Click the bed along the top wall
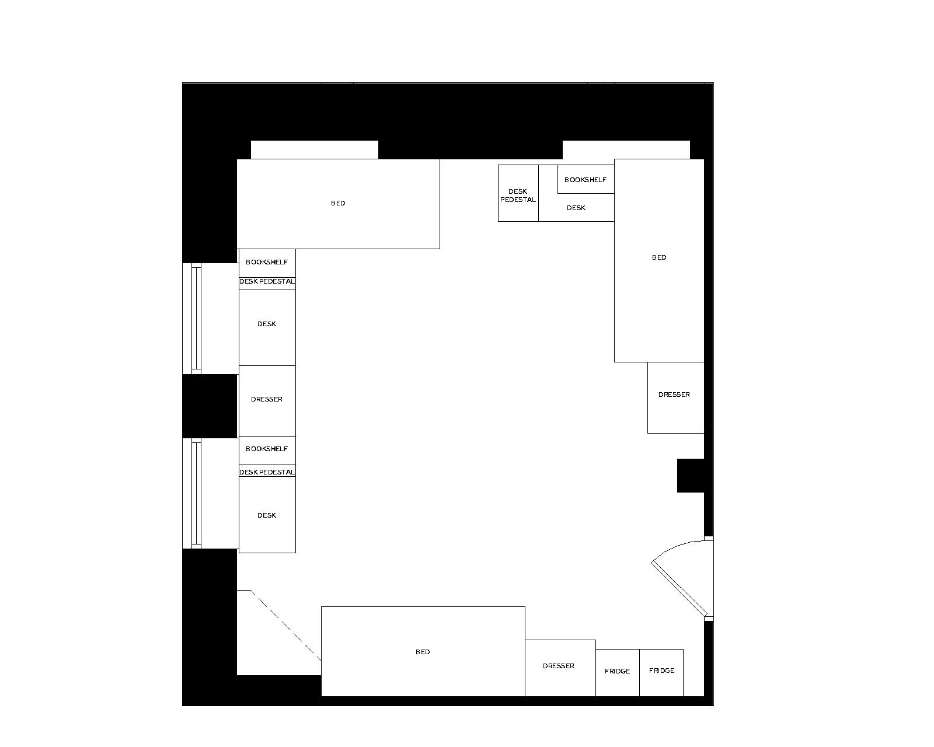pos(338,204)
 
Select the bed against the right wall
pos(659,260)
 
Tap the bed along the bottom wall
pos(423,651)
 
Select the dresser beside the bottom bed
pos(559,667)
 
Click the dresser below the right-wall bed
pos(675,397)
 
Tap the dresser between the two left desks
pos(267,400)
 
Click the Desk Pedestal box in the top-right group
pos(518,193)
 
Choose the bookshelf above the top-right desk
pos(586,179)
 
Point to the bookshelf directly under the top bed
pos(267,263)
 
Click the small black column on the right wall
pos(691,476)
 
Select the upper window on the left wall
pos(196,318)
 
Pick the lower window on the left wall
pos(196,493)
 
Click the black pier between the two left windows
pos(210,406)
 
